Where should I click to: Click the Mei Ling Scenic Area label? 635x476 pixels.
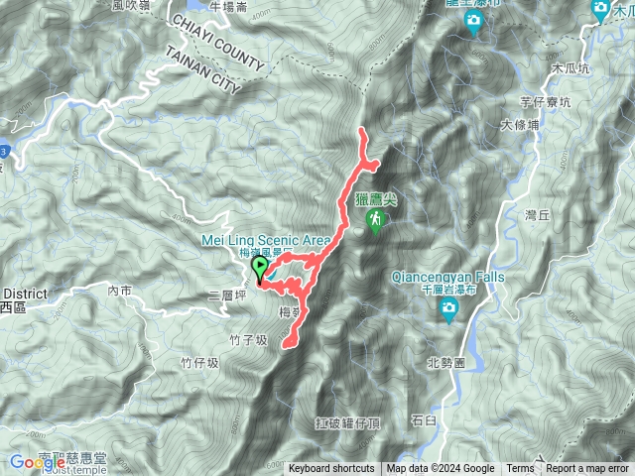[x=279, y=240]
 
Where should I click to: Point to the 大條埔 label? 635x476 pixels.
[x=520, y=126]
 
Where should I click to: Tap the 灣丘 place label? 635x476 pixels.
[x=536, y=214]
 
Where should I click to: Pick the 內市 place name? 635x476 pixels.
[x=120, y=291]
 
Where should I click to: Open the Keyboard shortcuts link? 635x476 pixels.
[x=332, y=469]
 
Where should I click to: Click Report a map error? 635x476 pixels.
[x=587, y=469]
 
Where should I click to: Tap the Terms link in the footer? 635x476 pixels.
[x=520, y=469]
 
